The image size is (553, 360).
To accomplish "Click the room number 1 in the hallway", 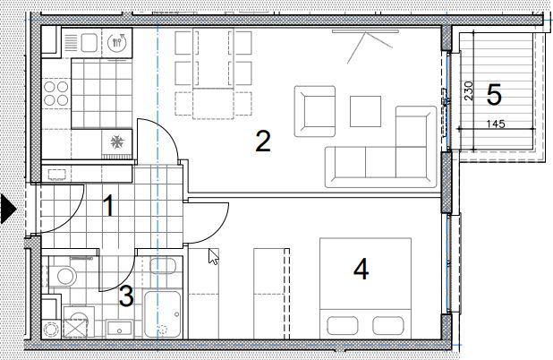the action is pyautogui.click(x=109, y=206).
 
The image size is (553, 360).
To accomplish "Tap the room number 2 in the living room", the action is pyautogui.click(x=263, y=141).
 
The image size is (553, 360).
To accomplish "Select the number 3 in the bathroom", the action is pyautogui.click(x=126, y=296).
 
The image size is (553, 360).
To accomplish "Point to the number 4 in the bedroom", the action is pyautogui.click(x=362, y=269).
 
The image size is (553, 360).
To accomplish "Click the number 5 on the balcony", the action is pyautogui.click(x=494, y=95).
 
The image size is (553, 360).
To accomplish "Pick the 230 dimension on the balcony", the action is pyautogui.click(x=469, y=91).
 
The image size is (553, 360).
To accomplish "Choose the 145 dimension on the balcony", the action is pyautogui.click(x=496, y=124).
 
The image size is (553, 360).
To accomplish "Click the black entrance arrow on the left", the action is pyautogui.click(x=8, y=210).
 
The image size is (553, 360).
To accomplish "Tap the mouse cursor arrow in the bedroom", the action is pyautogui.click(x=213, y=256).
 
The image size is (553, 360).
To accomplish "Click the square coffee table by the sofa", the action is pyautogui.click(x=365, y=111).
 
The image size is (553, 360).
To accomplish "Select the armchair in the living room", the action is pyautogui.click(x=315, y=111).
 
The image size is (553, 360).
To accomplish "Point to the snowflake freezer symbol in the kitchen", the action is pyautogui.click(x=117, y=141).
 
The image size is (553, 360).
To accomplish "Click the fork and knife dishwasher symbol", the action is pyautogui.click(x=117, y=42).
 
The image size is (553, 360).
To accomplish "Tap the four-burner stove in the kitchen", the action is pyautogui.click(x=56, y=93).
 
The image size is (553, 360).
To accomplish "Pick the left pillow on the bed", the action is pyautogui.click(x=343, y=325).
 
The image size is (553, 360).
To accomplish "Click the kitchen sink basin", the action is pyautogui.click(x=89, y=43).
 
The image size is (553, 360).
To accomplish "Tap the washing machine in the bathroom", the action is pyautogui.click(x=79, y=322).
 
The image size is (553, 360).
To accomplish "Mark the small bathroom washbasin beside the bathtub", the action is pyautogui.click(x=163, y=266).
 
